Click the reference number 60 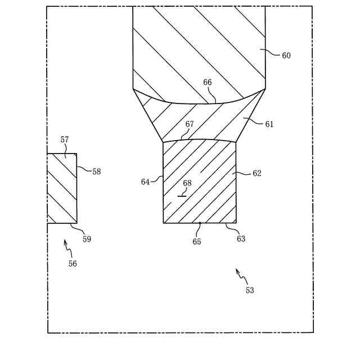286,56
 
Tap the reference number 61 269,124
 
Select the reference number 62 257,174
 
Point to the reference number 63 241,238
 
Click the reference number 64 145,182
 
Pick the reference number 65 197,242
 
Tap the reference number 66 208,82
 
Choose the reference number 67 190,124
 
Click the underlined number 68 187,183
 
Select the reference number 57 65,139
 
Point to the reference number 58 97,172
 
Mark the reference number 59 87,239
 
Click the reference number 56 73,263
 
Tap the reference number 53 250,290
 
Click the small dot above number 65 200,223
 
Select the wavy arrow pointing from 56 67,245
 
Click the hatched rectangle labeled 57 62,188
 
